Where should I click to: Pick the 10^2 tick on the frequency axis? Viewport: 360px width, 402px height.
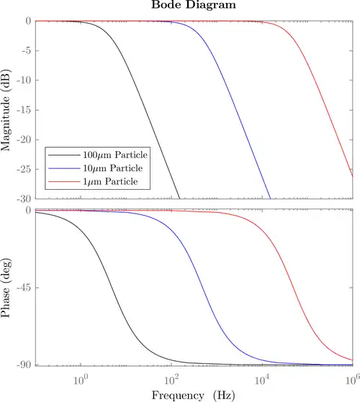click(x=171, y=378)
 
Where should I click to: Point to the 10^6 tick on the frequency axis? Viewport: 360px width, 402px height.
click(x=351, y=378)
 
